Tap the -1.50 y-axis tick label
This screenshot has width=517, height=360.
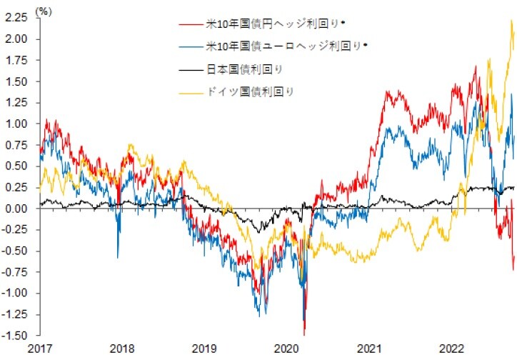16,335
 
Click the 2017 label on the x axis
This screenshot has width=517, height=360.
40,349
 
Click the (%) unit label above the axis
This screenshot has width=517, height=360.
44,11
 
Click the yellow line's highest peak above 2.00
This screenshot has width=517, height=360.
511,21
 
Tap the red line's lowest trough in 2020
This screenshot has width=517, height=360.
304,333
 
